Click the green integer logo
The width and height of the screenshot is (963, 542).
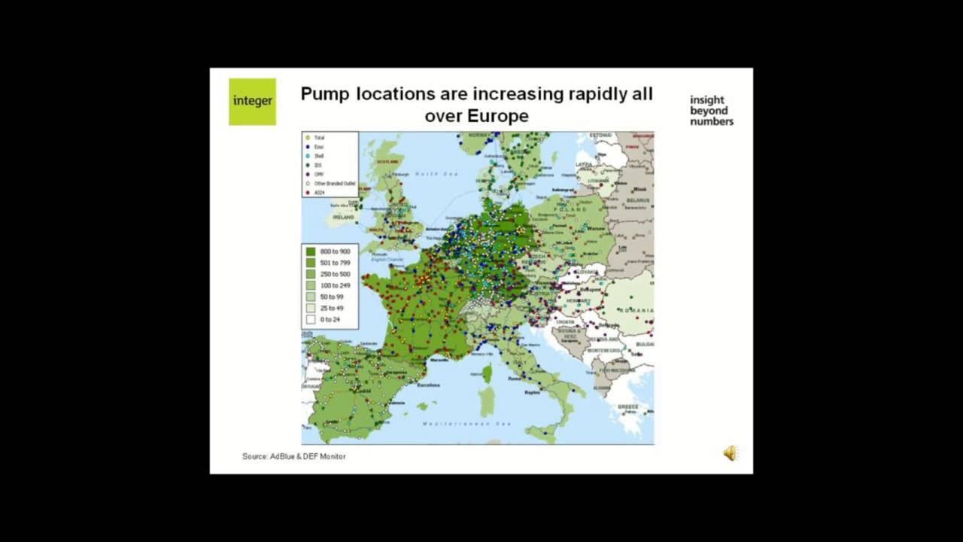[x=252, y=102]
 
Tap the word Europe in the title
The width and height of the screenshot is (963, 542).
[x=498, y=116]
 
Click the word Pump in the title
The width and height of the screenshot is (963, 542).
[x=328, y=94]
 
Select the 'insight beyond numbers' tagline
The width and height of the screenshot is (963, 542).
[x=711, y=110]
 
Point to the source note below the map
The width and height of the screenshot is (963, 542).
[x=294, y=456]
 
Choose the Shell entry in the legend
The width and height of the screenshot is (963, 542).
[x=320, y=156]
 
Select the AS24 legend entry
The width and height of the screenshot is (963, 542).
[x=320, y=193]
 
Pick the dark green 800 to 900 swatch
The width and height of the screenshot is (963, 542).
[x=311, y=251]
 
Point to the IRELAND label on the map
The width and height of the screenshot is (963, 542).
[x=343, y=217]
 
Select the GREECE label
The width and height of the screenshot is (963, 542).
[x=629, y=406]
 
